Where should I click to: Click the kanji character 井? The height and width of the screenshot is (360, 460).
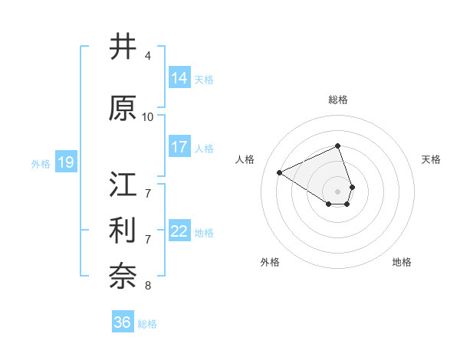[123, 47]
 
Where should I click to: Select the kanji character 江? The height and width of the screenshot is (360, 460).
[123, 185]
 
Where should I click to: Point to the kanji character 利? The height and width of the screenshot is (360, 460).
[123, 231]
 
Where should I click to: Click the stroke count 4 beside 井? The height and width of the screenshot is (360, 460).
[148, 56]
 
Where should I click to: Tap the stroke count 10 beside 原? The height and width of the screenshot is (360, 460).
[148, 117]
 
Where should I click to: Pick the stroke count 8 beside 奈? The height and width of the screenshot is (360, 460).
[148, 286]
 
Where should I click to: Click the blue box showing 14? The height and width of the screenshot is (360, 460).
[179, 77]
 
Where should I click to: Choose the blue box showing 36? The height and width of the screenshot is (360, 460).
[122, 322]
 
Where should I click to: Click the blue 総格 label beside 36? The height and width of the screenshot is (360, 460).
[147, 324]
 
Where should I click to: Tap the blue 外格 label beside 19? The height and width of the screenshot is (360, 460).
[41, 163]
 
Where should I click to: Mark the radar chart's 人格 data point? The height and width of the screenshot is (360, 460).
[280, 172]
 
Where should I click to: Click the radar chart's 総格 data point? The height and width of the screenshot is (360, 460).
[338, 146]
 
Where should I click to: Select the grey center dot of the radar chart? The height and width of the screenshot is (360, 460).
[338, 191]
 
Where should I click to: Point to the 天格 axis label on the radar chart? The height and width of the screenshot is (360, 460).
[432, 159]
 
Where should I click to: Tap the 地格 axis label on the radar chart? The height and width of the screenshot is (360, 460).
[402, 262]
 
